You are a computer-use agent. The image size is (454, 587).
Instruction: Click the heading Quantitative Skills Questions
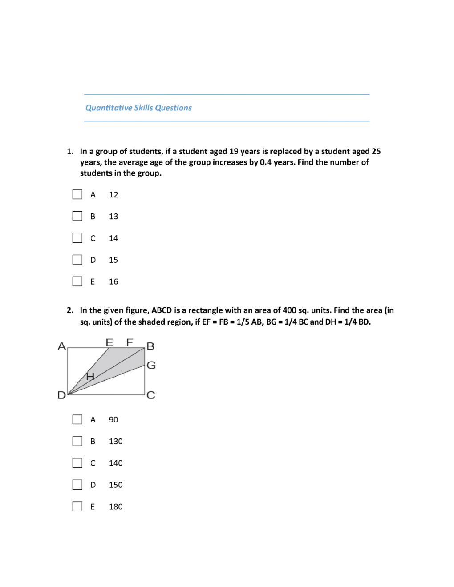138,108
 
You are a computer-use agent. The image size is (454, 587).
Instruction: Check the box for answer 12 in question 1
77,194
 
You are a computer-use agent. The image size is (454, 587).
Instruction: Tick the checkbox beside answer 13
77,216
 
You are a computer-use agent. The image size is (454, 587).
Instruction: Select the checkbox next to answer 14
77,238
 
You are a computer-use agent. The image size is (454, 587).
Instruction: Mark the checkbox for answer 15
77,260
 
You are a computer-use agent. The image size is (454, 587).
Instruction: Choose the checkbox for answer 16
77,281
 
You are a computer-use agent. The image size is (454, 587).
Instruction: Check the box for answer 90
77,419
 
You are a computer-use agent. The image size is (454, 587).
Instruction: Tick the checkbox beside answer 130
77,441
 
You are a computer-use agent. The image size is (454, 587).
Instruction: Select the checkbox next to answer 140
77,463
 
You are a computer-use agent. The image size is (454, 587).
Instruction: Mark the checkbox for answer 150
77,484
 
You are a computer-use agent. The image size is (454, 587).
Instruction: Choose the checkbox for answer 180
77,506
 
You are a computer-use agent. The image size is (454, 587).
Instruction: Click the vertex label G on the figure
151,365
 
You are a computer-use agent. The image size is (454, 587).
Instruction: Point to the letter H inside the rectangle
90,377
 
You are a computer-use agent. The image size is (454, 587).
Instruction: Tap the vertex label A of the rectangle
61,346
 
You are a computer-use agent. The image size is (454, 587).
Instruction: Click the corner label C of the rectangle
151,395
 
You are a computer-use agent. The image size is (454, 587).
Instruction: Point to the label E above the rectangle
109,342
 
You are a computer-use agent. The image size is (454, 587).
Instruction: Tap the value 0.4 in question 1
266,162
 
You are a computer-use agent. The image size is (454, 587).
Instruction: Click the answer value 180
116,507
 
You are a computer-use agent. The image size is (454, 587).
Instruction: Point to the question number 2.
70,310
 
